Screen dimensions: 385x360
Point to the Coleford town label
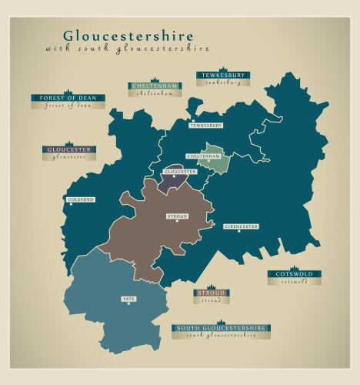[x=81, y=199]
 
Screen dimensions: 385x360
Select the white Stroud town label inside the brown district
[x=177, y=216]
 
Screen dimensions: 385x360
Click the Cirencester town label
[x=240, y=226]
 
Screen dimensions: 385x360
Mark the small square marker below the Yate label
[x=128, y=304]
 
